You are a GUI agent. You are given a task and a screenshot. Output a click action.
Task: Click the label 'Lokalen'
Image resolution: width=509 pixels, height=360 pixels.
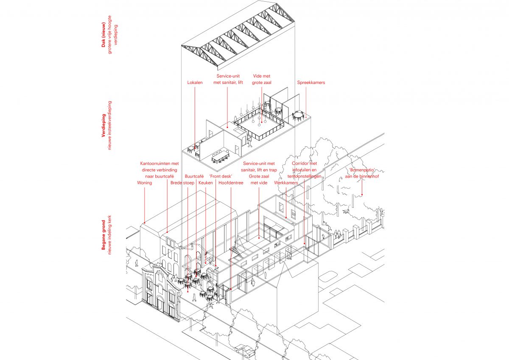click(x=195, y=82)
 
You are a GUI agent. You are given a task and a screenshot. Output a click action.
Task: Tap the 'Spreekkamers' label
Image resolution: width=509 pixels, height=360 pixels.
click(x=311, y=82)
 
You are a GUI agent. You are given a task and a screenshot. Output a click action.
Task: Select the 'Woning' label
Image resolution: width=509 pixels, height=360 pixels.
click(x=145, y=183)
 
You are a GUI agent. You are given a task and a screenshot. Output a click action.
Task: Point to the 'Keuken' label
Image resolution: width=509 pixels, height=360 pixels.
click(x=206, y=183)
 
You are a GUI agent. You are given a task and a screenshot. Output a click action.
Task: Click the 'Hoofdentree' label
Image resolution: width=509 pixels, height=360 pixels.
click(x=231, y=183)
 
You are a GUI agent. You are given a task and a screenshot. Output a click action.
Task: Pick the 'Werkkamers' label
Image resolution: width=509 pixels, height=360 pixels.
click(x=286, y=183)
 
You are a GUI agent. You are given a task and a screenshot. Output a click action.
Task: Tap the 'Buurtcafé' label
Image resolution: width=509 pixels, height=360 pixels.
click(x=194, y=176)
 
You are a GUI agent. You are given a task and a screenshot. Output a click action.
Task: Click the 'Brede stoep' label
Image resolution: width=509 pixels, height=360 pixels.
click(x=182, y=183)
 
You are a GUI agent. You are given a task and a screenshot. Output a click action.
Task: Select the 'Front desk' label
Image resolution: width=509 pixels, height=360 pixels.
click(x=221, y=176)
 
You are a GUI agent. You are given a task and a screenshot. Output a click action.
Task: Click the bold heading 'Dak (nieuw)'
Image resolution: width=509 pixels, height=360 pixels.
click(x=103, y=34)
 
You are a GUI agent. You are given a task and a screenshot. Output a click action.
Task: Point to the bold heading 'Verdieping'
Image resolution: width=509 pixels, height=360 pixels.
click(x=103, y=126)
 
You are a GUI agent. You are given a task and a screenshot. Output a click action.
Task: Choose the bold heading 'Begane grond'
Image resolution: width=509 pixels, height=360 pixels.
click(x=103, y=235)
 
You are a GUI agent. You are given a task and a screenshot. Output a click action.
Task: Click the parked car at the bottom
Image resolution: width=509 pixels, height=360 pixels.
click(x=245, y=352)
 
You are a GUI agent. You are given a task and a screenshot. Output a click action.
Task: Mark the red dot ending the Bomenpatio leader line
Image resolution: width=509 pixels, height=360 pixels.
click(x=362, y=195)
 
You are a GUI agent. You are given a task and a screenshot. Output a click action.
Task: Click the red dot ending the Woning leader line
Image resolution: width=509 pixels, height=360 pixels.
click(x=145, y=223)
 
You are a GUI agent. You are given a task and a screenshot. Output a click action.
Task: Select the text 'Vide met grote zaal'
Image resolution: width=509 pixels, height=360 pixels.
click(x=262, y=79)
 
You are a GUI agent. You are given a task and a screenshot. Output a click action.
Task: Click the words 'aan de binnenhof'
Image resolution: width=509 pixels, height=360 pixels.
click(x=362, y=176)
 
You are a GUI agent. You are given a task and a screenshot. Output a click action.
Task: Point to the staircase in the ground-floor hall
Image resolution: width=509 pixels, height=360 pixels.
click(x=238, y=251)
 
